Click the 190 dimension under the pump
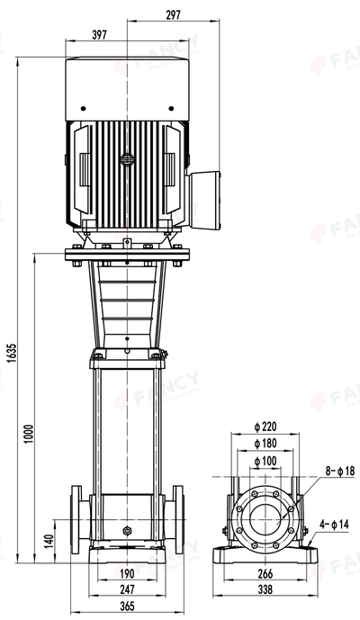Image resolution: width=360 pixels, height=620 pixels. pyautogui.click(x=128, y=573)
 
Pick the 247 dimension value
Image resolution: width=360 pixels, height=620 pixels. pyautogui.click(x=128, y=589)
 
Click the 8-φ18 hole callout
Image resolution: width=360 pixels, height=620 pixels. pyautogui.click(x=339, y=470)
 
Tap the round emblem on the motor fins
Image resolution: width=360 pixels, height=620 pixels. pyautogui.click(x=128, y=159)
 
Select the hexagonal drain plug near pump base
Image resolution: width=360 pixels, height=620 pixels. pyautogui.click(x=128, y=533)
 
